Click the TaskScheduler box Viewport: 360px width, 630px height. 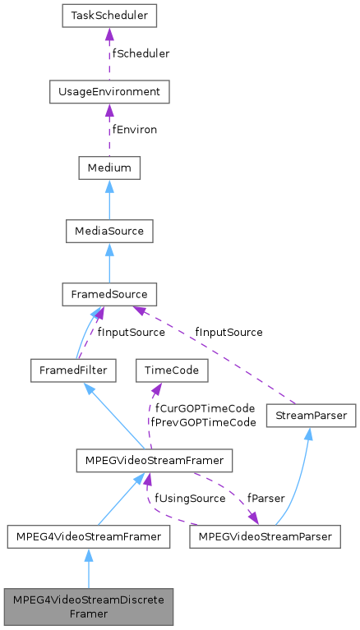coord(109,16)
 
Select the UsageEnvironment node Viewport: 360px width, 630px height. coord(109,92)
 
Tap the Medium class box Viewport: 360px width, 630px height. coord(109,168)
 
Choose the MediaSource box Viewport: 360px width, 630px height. coord(109,231)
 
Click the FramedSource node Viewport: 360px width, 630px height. coord(109,293)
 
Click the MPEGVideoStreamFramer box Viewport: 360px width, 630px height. coord(153,461)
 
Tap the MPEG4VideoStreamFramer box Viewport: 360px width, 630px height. coord(88,536)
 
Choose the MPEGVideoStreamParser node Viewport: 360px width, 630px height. coord(265,536)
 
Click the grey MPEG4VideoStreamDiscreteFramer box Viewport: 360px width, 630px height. coord(88,606)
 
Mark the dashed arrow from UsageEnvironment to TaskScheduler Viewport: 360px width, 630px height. coord(109,54)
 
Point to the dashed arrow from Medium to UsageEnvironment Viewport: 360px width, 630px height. coord(109,131)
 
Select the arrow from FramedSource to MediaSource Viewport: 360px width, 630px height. coord(109,262)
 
